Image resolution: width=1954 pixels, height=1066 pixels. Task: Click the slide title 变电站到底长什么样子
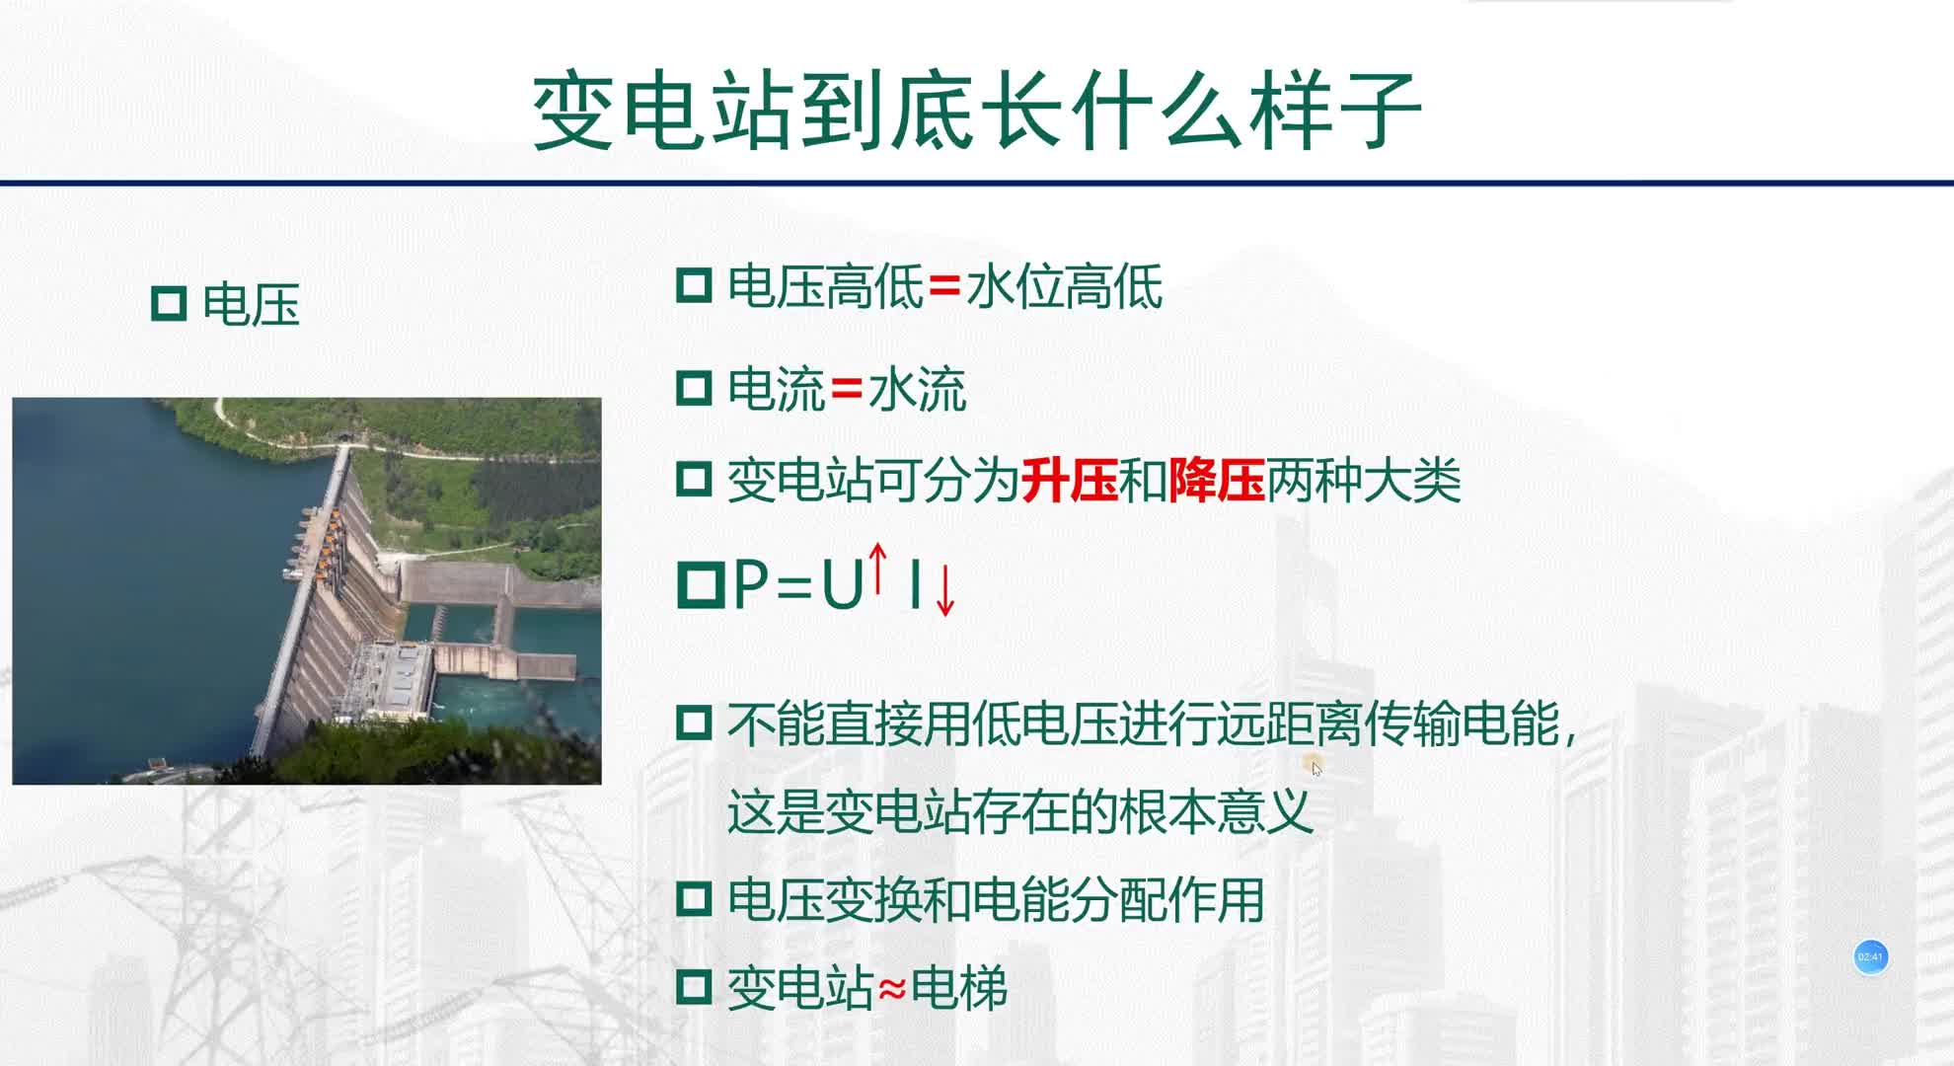pyautogui.click(x=977, y=111)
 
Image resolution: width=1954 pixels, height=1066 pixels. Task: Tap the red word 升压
pyautogui.click(x=1070, y=482)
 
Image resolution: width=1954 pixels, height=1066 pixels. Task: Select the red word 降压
pyautogui.click(x=1216, y=482)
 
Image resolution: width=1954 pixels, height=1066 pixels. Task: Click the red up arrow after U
pyautogui.click(x=877, y=570)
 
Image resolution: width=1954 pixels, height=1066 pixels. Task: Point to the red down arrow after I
pyautogui.click(x=944, y=589)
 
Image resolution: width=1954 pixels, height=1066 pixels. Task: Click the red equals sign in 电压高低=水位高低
pyautogui.click(x=944, y=286)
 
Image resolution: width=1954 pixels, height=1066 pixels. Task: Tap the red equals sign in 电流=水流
pyautogui.click(x=847, y=389)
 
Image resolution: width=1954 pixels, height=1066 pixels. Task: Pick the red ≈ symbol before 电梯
pyautogui.click(x=892, y=988)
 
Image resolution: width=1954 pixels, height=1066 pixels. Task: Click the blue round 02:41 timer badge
pyautogui.click(x=1870, y=956)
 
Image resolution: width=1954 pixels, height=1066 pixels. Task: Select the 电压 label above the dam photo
pyautogui.click(x=251, y=304)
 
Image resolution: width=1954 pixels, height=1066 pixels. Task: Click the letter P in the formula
pyautogui.click(x=751, y=585)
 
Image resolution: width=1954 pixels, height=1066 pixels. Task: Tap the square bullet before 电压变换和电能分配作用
pyautogui.click(x=694, y=899)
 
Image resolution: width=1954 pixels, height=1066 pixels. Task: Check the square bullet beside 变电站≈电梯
pyautogui.click(x=694, y=987)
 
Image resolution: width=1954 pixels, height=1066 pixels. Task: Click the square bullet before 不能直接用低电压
pyautogui.click(x=694, y=723)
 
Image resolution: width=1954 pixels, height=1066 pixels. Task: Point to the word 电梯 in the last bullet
pyautogui.click(x=958, y=988)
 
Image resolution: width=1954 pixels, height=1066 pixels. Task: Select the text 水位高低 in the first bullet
pyautogui.click(x=1064, y=287)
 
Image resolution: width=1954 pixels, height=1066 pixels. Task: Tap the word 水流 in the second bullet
pyautogui.click(x=917, y=390)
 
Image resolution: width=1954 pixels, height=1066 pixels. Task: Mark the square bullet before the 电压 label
pyautogui.click(x=169, y=303)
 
